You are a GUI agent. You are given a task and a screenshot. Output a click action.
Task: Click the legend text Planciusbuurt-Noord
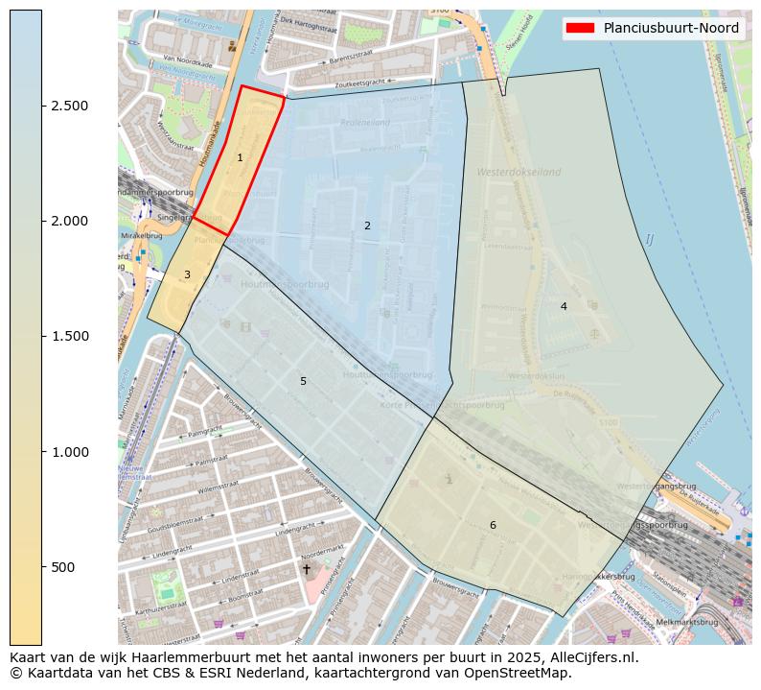(x=671, y=28)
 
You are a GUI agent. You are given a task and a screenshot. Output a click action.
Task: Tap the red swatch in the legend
(x=581, y=28)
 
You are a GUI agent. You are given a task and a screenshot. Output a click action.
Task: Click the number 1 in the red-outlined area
(x=240, y=157)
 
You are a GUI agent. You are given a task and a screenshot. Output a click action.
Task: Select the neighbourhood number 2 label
(x=367, y=226)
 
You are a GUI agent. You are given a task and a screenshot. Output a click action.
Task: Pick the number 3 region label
(x=187, y=274)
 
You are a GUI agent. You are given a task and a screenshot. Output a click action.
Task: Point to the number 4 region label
(x=564, y=306)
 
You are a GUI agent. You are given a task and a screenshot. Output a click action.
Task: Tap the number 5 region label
(x=303, y=381)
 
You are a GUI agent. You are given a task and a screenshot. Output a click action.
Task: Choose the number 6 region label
(x=493, y=525)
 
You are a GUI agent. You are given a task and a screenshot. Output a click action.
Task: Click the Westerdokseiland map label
(x=518, y=172)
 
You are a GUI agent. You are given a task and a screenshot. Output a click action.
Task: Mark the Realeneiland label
(x=365, y=124)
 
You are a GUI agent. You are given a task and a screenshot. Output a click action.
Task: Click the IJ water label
(x=649, y=239)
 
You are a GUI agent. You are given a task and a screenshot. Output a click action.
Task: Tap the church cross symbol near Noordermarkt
(x=307, y=569)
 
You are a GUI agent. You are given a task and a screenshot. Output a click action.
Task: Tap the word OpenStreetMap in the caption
(x=519, y=673)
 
